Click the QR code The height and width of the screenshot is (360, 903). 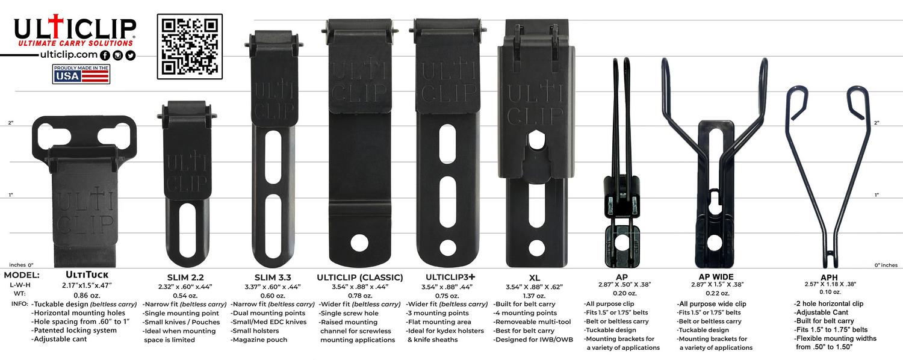(x=190, y=47)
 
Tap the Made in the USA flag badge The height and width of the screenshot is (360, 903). (x=81, y=74)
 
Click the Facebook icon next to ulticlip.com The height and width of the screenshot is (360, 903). (x=105, y=55)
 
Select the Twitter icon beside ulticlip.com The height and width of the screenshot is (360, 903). (x=130, y=55)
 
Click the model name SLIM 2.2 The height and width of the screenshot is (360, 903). (x=185, y=278)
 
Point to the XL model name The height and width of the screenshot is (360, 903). (x=535, y=278)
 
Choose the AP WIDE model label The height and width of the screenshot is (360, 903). (x=716, y=277)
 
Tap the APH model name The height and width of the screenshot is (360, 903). (x=829, y=278)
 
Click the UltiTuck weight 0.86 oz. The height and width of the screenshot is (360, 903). (x=87, y=296)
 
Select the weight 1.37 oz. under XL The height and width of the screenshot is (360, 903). (x=534, y=296)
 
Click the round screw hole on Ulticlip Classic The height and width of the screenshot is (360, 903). (x=359, y=243)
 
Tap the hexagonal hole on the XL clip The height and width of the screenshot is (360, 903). (x=536, y=140)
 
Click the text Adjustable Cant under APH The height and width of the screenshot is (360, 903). (x=822, y=312)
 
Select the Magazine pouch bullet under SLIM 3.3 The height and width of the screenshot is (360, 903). (x=259, y=340)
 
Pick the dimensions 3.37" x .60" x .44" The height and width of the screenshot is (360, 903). (x=273, y=287)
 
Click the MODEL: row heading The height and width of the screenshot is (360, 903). (x=22, y=275)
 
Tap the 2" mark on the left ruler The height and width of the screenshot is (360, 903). (x=10, y=123)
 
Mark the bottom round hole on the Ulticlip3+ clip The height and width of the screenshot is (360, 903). (x=448, y=247)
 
